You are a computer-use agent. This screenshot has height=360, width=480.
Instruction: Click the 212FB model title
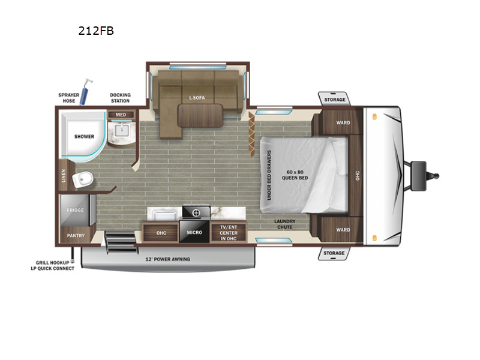96,31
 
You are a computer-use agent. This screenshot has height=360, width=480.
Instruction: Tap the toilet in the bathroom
82,179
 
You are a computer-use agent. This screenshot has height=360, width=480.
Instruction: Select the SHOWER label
84,137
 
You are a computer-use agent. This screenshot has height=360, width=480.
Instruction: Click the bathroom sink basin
122,130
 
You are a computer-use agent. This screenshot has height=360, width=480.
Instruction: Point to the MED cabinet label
121,115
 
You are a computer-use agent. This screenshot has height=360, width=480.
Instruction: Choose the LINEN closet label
64,176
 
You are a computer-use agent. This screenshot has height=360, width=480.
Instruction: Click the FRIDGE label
76,210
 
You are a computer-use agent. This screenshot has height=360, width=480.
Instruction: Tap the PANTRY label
76,235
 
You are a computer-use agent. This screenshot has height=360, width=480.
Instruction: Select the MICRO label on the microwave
194,232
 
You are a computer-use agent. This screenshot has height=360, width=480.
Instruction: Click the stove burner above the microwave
196,212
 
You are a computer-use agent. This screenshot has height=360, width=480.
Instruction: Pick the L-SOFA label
197,98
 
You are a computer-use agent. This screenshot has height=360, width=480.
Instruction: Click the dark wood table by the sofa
200,115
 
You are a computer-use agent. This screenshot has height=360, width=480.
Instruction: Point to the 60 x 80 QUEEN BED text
295,175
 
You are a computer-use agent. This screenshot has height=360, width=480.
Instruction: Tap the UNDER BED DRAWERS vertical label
269,175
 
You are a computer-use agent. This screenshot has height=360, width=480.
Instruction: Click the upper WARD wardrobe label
343,122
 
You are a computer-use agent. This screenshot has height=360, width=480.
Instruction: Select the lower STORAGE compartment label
334,253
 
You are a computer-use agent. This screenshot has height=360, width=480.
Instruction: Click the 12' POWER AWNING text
167,259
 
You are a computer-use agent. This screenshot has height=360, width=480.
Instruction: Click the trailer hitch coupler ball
436,176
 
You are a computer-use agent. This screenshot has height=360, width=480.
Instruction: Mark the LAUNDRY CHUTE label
284,224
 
